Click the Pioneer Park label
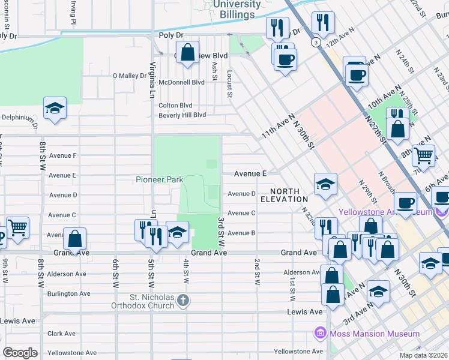158,179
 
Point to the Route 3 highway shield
315,42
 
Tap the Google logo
20,353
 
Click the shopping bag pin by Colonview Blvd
187,52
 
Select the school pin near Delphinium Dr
55,109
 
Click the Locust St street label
229,82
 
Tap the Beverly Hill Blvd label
182,115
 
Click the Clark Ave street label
62,334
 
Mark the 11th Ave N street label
279,127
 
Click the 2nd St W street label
257,271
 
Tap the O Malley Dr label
130,76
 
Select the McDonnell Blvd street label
182,82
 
